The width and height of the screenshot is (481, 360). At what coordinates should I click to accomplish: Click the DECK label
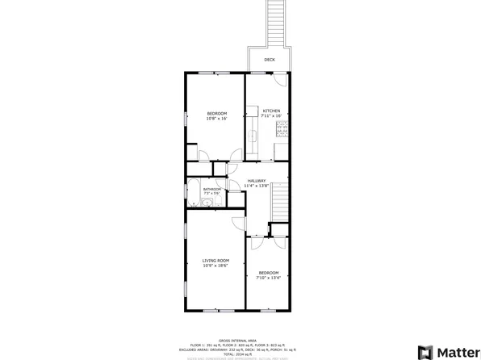pos(269,60)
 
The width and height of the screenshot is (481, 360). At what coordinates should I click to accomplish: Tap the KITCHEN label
pos(271,111)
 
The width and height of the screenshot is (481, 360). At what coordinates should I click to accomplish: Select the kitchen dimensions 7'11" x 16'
pos(271,116)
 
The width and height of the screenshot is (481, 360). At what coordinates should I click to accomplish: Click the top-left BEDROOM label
pos(216,113)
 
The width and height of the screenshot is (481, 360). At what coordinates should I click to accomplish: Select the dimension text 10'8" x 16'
pos(216,119)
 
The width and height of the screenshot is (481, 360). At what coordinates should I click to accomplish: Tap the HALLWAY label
pos(257,180)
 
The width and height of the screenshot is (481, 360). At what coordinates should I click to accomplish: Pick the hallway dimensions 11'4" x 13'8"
pos(257,186)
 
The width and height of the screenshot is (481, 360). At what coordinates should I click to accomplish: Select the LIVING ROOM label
pos(215,260)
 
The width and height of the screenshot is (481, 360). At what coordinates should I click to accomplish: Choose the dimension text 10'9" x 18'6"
pos(215,266)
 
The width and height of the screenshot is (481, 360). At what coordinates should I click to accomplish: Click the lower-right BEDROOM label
pos(268,273)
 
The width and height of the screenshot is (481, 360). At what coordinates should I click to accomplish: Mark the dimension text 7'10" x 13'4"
pos(268,278)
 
